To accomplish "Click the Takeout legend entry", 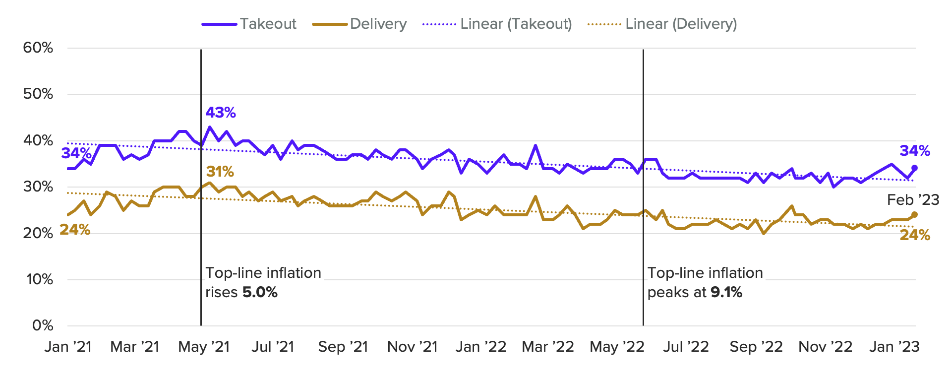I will (x=249, y=24).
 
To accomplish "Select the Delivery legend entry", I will (x=359, y=24).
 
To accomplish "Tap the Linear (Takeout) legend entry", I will (x=497, y=24).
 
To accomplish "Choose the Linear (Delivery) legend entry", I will (x=662, y=24).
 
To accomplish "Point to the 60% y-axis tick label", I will (x=38, y=48).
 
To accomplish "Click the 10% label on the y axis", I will (x=39, y=279).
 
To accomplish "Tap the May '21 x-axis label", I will (x=204, y=347).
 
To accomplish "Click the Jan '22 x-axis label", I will (x=480, y=347).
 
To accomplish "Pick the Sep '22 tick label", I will (x=756, y=347).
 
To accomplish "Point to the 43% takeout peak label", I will (x=221, y=113).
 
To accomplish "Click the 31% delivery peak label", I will (x=220, y=172).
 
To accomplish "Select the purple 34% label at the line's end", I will (x=915, y=151).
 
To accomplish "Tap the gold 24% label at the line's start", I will (x=75, y=230).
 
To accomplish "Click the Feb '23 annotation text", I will (x=913, y=200).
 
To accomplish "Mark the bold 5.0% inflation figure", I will (x=260, y=292).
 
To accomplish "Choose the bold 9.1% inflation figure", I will (x=726, y=292).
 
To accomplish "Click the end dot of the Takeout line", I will (x=914, y=168).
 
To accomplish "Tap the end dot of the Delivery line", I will (x=914, y=215).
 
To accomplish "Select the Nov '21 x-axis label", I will (x=412, y=347).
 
